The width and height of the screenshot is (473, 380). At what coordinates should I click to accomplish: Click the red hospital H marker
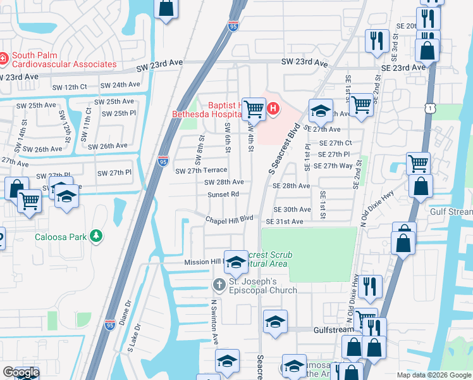coord(273,108)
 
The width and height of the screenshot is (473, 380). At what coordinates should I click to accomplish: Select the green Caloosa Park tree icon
coord(95,236)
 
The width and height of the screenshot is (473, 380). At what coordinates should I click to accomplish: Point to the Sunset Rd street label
coord(223,194)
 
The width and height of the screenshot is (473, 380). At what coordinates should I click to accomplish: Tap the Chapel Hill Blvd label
coord(228,219)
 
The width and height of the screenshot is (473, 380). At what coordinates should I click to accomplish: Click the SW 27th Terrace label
coord(200,171)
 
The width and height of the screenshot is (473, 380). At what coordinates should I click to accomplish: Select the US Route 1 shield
coord(431,110)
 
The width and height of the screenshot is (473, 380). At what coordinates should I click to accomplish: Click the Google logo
coord(21,372)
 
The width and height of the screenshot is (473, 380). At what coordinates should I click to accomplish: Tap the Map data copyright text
coord(433,375)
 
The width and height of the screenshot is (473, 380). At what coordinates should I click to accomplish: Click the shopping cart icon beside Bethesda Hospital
coord(254,108)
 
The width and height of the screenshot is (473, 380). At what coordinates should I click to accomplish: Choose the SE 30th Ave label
coord(292,210)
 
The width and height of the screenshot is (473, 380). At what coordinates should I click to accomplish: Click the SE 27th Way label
coord(336,165)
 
